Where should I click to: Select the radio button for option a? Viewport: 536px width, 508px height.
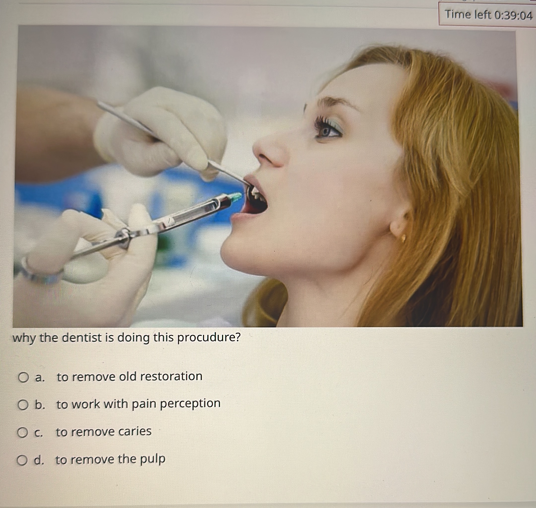[x=23, y=377]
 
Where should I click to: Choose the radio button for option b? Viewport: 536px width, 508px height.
[x=23, y=405]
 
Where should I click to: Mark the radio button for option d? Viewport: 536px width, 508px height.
[x=22, y=460]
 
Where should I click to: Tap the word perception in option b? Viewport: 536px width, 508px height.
[x=190, y=404]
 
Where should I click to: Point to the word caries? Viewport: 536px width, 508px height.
[x=134, y=431]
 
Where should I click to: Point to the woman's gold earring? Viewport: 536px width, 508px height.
[x=403, y=238]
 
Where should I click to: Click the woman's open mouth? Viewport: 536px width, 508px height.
[x=256, y=202]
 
